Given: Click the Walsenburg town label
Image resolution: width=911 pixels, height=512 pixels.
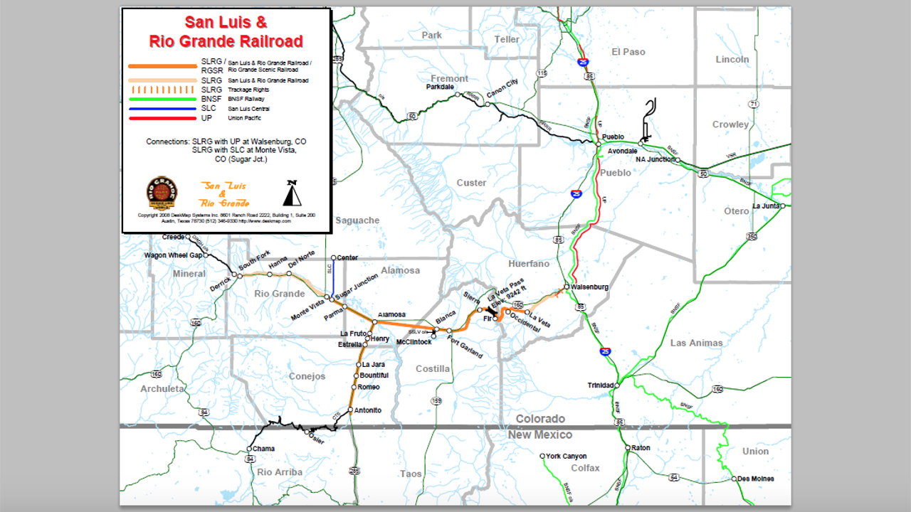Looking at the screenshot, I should [589, 287].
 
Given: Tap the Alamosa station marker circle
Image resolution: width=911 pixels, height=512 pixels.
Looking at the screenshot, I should [375, 322].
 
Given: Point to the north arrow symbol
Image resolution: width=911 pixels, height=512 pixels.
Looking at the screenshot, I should [291, 192].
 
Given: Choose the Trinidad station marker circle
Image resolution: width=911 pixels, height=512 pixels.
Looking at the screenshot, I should [617, 385].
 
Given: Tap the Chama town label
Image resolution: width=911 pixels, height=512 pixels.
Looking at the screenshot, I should [264, 449].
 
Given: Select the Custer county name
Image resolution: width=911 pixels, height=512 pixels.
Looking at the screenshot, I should [471, 183].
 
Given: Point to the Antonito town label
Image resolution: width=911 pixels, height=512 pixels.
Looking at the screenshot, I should [368, 410].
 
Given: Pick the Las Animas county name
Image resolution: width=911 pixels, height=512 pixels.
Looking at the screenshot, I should [696, 343].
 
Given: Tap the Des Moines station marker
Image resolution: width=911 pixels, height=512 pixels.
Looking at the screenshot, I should [734, 479].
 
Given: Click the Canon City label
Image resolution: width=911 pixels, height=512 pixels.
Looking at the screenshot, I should [503, 93].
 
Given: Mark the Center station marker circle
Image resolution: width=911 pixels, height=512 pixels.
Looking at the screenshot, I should [333, 258].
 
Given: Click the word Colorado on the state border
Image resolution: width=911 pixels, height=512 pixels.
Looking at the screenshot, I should [540, 419].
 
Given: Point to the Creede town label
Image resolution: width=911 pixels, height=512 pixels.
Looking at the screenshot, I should [173, 237].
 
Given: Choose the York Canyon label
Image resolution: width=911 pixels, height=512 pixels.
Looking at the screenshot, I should [567, 456].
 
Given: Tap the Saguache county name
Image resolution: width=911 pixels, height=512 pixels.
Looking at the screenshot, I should [357, 220].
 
